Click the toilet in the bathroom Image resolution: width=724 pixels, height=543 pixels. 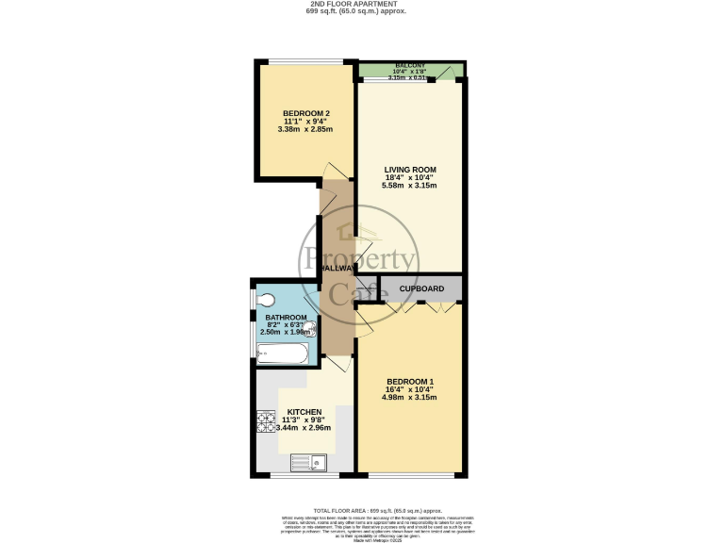coord(265,301)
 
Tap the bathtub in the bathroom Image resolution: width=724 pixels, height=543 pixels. coord(282,354)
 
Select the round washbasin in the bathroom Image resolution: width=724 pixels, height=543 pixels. coord(308,328)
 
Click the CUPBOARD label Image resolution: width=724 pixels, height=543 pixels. coord(421,288)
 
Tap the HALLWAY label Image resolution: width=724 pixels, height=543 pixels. coord(337,269)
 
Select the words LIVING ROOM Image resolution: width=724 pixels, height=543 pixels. coord(409,170)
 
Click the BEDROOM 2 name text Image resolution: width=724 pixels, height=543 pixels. coord(306,113)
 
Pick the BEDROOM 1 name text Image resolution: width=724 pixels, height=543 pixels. coord(410,381)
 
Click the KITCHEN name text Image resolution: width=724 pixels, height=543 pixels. coord(304,412)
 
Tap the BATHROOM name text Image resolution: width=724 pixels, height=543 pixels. coord(285,318)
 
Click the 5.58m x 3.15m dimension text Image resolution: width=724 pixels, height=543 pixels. coord(409,186)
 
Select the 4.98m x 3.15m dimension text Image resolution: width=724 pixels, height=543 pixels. coord(410,397)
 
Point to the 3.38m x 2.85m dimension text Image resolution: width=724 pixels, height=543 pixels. coord(306,129)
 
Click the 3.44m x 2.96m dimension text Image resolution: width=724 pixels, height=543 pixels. coord(304,429)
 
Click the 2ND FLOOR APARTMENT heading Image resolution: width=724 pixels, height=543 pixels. coord(362,4)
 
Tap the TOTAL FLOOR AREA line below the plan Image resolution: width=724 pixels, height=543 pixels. coord(362,508)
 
